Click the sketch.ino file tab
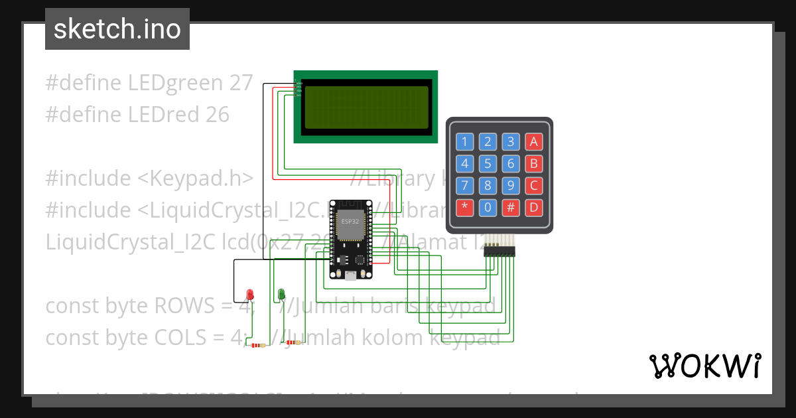117,29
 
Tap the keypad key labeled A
534,141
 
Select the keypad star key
465,208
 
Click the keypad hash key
511,208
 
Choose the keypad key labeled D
534,208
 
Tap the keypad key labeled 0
488,208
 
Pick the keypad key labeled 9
511,185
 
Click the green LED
281,293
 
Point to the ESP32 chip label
350,222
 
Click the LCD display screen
366,107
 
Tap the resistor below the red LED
257,345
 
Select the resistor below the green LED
291,342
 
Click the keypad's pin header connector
499,250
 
